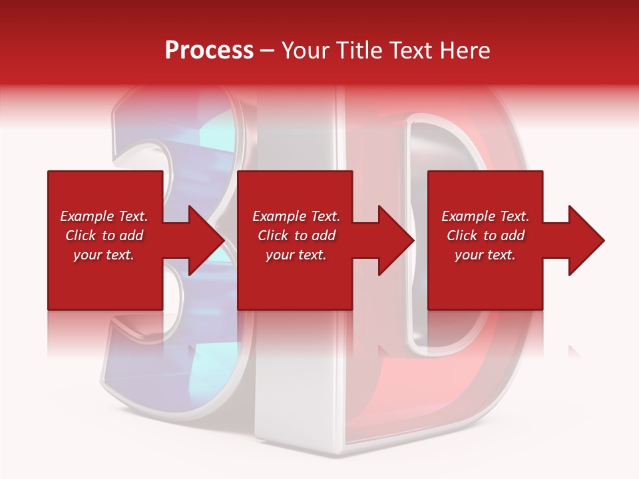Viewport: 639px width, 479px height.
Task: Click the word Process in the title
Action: pyautogui.click(x=209, y=51)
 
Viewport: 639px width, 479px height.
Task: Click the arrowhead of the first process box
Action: pyautogui.click(x=206, y=240)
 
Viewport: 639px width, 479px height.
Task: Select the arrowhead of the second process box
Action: pyautogui.click(x=395, y=240)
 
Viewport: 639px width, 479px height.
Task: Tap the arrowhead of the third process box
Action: pyautogui.click(x=586, y=240)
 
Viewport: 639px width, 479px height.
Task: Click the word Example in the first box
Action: pyautogui.click(x=86, y=216)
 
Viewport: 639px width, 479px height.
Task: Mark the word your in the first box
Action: pyautogui.click(x=88, y=255)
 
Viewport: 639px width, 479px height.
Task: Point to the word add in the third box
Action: pyautogui.click(x=513, y=236)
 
